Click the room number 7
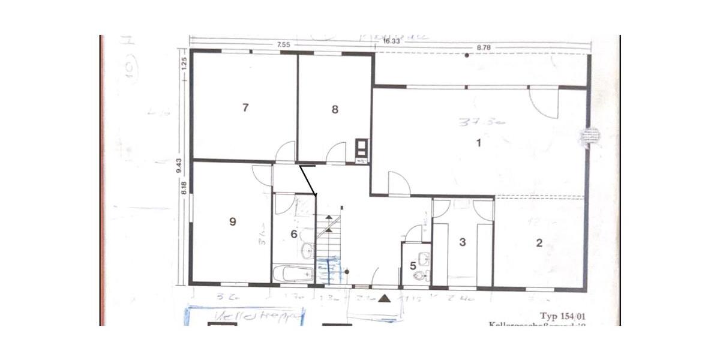245,108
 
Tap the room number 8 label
335,109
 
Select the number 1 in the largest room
478,143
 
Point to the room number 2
539,243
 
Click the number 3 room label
462,242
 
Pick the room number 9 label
233,221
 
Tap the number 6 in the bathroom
294,234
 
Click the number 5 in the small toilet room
413,265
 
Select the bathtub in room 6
293,274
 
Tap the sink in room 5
425,259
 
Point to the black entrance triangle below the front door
385,297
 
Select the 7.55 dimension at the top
284,44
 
